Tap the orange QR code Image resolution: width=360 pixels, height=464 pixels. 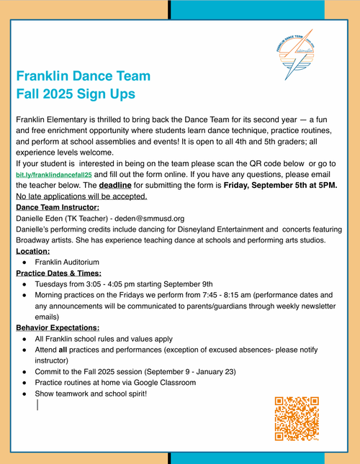pyautogui.click(x=297, y=418)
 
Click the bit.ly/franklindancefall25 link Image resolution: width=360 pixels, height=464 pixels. pyautogui.click(x=54, y=175)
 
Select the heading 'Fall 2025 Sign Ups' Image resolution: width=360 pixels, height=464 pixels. pyautogui.click(x=75, y=94)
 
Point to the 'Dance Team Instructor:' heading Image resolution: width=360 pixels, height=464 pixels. pyautogui.click(x=58, y=207)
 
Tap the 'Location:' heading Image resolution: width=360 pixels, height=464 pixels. pyautogui.click(x=33, y=251)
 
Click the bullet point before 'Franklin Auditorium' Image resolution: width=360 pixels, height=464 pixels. pyautogui.click(x=25, y=263)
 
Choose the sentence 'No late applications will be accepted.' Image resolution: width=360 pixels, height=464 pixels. pyautogui.click(x=81, y=196)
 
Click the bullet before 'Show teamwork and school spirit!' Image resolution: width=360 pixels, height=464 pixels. pyautogui.click(x=25, y=394)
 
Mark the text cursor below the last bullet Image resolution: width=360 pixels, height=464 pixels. pyautogui.click(x=37, y=405)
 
